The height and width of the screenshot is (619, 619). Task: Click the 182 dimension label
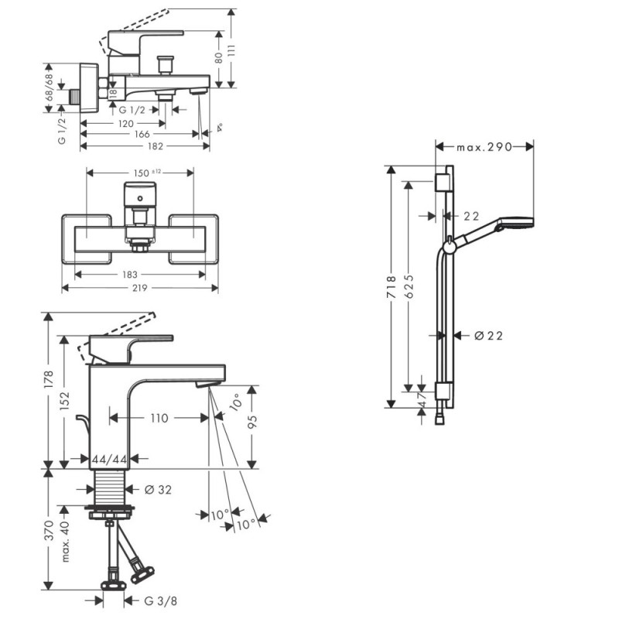(156, 146)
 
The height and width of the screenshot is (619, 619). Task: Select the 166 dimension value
(142, 134)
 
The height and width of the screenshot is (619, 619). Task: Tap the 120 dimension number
(125, 124)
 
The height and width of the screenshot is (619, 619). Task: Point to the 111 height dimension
(231, 51)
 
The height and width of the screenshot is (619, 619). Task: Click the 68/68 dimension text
(50, 87)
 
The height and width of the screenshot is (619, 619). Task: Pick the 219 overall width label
(140, 288)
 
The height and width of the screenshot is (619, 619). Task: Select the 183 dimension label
(129, 275)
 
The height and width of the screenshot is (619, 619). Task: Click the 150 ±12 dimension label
(147, 173)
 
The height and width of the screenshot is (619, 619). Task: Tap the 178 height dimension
(49, 379)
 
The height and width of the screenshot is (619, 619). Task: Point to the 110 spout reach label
(159, 418)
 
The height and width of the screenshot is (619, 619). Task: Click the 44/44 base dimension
(109, 460)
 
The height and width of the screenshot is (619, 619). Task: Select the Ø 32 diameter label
(159, 490)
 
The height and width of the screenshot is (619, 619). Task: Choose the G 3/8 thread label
(161, 601)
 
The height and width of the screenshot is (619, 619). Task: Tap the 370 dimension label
(49, 530)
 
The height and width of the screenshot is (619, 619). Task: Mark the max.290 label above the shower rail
(484, 147)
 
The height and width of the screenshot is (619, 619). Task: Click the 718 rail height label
(391, 287)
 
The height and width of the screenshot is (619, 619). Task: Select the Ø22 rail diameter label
(489, 336)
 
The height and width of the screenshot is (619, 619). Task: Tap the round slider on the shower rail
(450, 247)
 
